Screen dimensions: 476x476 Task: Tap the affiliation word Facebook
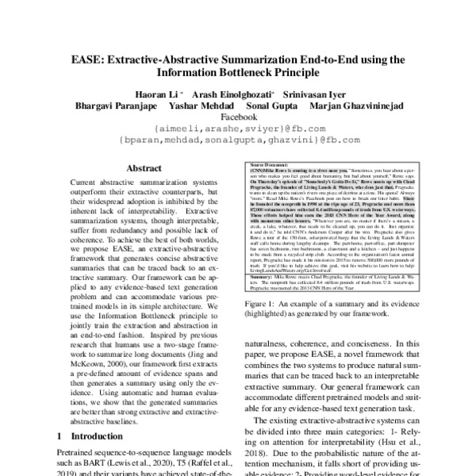tap(239, 116)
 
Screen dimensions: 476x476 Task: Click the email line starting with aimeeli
tap(238, 128)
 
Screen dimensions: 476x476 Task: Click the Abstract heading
tap(143, 168)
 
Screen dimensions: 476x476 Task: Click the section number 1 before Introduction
tap(61, 436)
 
